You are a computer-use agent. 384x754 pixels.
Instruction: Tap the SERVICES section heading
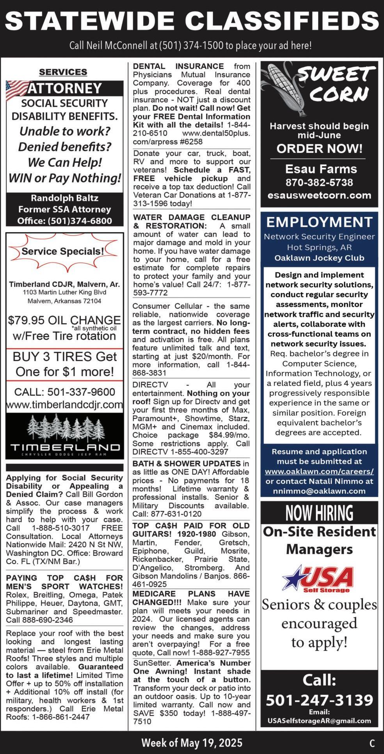tap(63, 72)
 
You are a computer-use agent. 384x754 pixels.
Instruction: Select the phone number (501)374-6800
tap(80, 221)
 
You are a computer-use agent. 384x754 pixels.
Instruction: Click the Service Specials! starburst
tap(63, 251)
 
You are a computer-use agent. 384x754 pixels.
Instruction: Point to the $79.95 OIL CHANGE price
tap(64, 320)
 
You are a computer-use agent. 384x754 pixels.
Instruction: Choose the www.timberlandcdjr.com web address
tap(64, 405)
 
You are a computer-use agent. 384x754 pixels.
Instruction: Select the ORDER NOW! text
tap(319, 149)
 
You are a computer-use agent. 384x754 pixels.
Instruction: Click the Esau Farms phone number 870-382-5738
tap(319, 182)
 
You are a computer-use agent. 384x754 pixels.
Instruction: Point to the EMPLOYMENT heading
tap(319, 222)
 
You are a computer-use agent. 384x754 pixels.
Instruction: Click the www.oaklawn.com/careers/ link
tap(319, 471)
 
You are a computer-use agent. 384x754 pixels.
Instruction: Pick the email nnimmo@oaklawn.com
tap(319, 491)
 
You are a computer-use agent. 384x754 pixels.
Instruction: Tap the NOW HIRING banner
tap(319, 513)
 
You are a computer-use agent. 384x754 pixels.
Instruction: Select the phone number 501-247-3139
tap(319, 700)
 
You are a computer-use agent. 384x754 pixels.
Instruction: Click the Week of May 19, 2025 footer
tap(192, 743)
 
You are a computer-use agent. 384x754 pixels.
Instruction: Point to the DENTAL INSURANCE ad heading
tap(178, 66)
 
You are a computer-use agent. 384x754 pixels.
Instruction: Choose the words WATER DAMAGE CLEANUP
tap(192, 217)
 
